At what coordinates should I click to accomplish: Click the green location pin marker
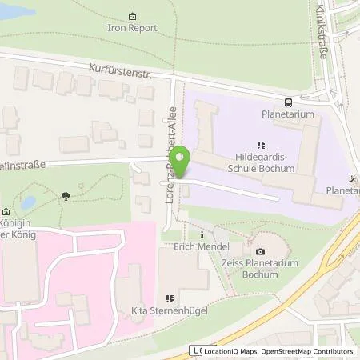(x=182, y=162)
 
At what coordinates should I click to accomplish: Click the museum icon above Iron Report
(x=132, y=14)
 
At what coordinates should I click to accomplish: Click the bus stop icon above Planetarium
(x=286, y=102)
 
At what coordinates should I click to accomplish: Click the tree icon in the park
(x=63, y=194)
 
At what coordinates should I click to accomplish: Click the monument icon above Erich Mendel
(x=202, y=236)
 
